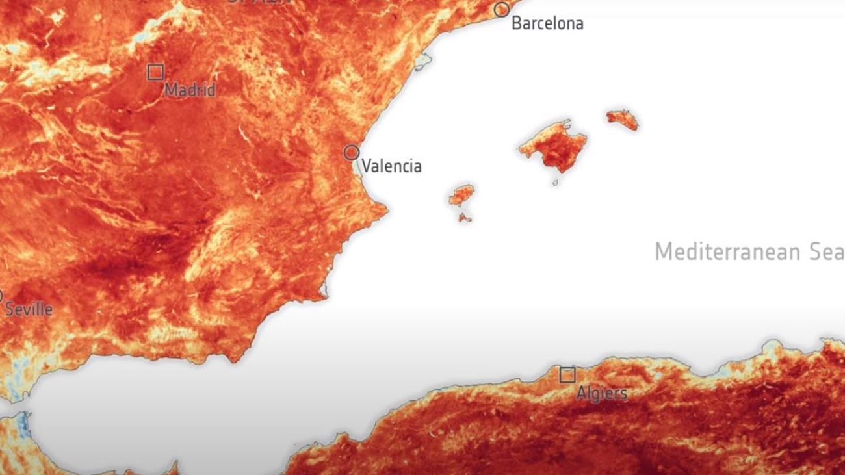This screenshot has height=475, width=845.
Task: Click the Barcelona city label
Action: [547, 24]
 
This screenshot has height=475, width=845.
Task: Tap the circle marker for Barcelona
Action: [501, 9]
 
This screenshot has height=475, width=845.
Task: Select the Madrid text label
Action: [190, 90]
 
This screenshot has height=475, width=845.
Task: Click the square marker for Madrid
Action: [155, 72]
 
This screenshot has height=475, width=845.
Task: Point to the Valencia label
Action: [391, 166]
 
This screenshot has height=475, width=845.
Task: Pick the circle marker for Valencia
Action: [352, 153]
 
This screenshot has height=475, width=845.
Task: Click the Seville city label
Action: [29, 309]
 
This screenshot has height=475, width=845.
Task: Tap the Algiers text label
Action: [602, 393]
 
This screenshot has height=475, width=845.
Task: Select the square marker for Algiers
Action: [567, 375]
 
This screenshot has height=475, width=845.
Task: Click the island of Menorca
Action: [622, 119]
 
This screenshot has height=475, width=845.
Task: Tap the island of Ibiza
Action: [461, 194]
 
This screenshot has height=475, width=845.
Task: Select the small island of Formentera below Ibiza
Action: [464, 218]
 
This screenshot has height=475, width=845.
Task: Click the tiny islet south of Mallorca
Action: [555, 183]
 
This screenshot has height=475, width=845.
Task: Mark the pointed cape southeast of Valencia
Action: [383, 209]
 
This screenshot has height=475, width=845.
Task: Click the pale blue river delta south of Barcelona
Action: [423, 62]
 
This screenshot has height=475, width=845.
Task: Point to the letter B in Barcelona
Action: [517, 24]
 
